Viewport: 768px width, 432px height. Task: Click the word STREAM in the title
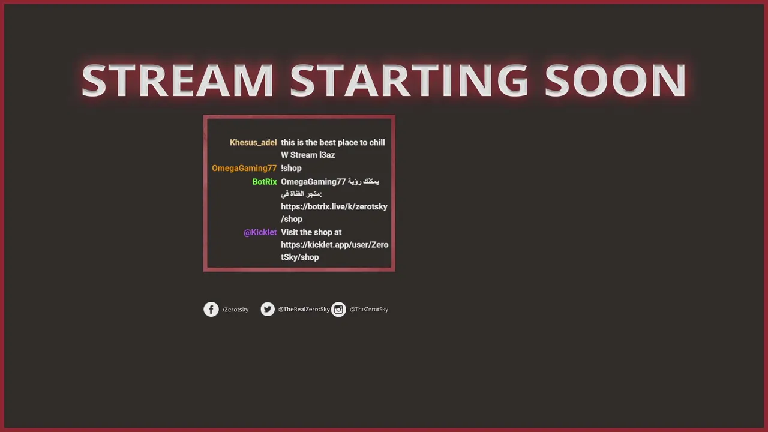[x=178, y=80]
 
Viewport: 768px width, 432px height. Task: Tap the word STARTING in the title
[x=409, y=80]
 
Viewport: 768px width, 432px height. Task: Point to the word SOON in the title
[x=616, y=80]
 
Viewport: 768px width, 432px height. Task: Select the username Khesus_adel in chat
[x=253, y=143]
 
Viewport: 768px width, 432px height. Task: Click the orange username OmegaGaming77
[x=244, y=169]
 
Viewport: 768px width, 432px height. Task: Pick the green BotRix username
[x=265, y=182]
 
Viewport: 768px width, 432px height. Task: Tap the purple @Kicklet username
[x=260, y=232]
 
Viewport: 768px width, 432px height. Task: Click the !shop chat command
[x=291, y=169]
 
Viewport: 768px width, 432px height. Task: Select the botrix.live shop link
[x=334, y=213]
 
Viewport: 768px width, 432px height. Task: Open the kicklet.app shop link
[x=334, y=251]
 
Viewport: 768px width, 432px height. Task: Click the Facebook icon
[x=211, y=309]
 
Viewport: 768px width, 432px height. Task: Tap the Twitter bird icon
[x=268, y=309]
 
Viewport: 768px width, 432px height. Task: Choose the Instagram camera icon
[x=338, y=309]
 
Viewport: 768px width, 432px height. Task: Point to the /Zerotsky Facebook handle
[x=236, y=310]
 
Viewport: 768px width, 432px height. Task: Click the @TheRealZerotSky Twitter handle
[x=304, y=309]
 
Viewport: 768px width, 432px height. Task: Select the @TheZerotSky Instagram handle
[x=369, y=309]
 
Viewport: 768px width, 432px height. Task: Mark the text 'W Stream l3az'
[x=308, y=155]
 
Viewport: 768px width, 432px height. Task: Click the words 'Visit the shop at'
[x=311, y=232]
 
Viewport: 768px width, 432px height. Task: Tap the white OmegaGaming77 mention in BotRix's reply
[x=313, y=182]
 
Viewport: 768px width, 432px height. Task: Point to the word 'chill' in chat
[x=377, y=143]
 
